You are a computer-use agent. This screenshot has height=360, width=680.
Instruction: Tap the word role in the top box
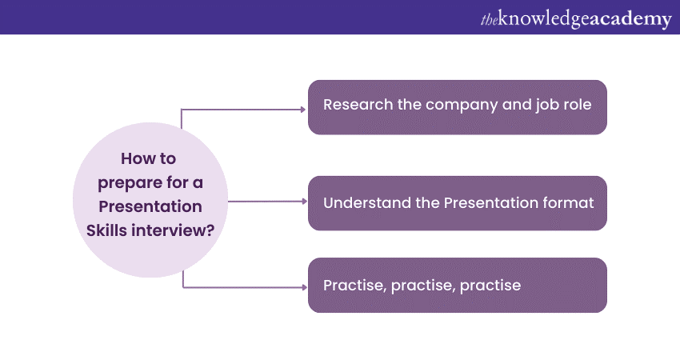click(x=576, y=105)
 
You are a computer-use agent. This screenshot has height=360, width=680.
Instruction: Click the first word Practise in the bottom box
click(x=354, y=285)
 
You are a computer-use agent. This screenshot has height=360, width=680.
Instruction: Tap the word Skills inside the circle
click(x=110, y=229)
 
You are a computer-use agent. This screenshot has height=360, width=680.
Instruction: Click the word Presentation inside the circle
click(x=150, y=206)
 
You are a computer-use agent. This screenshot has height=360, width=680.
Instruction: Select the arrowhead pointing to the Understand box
click(x=304, y=202)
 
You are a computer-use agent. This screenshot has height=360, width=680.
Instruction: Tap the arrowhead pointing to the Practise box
click(x=304, y=286)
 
